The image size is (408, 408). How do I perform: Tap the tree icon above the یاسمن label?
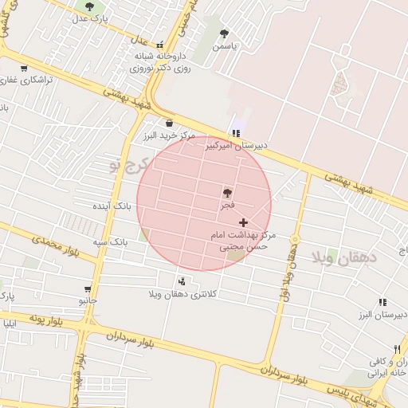point(225,34)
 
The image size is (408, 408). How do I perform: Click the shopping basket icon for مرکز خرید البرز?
point(169,123)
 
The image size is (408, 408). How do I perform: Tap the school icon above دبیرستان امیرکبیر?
point(235,133)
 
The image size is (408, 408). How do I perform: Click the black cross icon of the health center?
point(243,222)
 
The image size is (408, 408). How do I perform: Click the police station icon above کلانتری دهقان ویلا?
point(182,281)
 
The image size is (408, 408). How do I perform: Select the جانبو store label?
point(87,301)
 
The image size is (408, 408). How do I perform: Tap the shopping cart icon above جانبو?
point(87,288)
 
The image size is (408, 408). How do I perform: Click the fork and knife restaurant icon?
point(396,349)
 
